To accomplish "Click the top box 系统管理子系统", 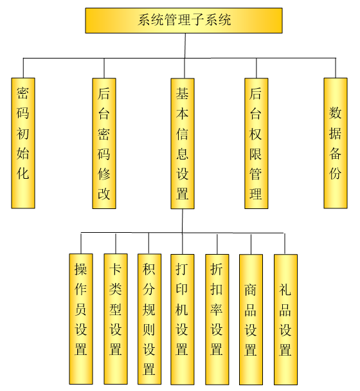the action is [184, 21].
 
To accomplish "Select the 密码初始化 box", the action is [23, 143].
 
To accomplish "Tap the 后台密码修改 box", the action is [104, 143].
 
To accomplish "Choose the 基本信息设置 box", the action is [183, 143].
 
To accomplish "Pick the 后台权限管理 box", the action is [256, 143].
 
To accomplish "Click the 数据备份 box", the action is [336, 143].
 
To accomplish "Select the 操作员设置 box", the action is [81, 319].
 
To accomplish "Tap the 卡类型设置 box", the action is [116, 319].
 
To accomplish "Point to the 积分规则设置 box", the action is [149, 319].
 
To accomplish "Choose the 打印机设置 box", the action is [182, 320].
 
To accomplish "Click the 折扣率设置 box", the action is [217, 320].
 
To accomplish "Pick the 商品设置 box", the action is [251, 320].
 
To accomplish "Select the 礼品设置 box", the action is [285, 320].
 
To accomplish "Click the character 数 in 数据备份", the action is [335, 113].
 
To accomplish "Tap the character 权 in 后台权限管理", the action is [256, 134].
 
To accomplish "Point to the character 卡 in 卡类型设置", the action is [116, 269].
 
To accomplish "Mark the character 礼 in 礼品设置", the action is [285, 290].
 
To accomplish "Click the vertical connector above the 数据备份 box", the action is [336, 68].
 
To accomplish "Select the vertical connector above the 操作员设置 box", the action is [81, 243].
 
